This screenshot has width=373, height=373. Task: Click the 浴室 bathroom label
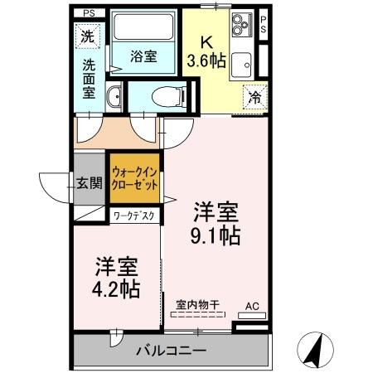144,56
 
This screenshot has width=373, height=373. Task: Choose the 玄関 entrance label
89,184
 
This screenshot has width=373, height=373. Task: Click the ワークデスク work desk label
135,216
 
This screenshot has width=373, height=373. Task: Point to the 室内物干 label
197,305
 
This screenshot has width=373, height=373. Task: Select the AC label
252,306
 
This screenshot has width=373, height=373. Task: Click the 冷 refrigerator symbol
255,98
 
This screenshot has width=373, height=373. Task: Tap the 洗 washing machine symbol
87,36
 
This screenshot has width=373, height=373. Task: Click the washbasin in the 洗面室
114,97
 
